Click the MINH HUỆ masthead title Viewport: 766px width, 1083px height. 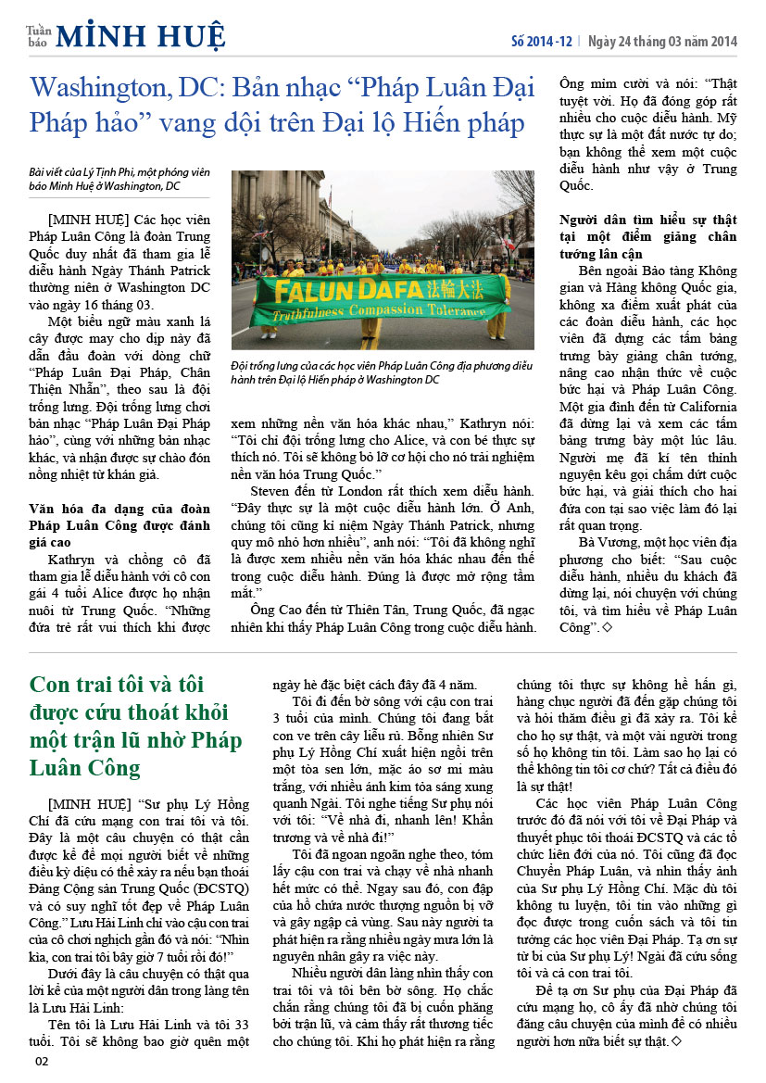coord(140,36)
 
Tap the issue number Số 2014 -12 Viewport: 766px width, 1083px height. coord(542,42)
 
